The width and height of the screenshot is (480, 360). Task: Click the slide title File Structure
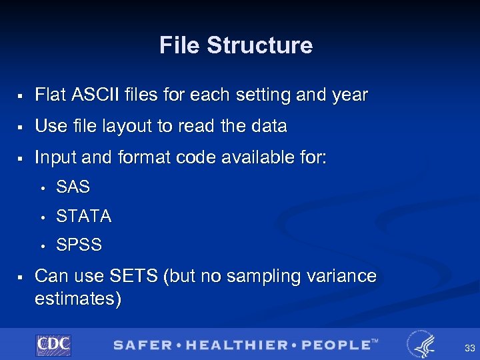tap(236, 45)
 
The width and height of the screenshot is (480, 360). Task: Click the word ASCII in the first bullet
tap(89, 95)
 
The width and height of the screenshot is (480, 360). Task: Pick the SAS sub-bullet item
tap(73, 188)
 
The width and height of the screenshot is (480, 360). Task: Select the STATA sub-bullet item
tap(84, 217)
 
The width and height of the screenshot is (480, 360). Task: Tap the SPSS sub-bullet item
tap(79, 245)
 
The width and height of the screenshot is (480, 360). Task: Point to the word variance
tap(341, 276)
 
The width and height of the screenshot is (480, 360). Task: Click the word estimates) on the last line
tap(78, 299)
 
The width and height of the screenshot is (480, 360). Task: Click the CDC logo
tap(53, 345)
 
